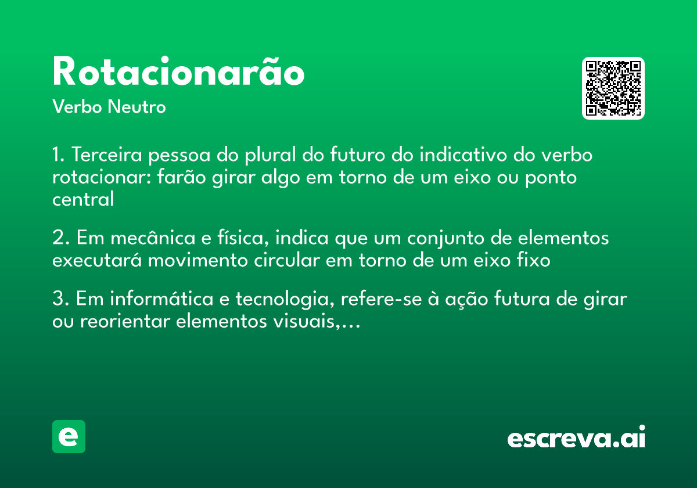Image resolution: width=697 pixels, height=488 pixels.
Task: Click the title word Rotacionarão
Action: tap(178, 73)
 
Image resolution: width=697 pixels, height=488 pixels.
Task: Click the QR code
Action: tap(613, 88)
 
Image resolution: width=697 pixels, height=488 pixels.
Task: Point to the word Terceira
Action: tap(107, 156)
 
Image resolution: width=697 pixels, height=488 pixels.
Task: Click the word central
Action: tap(83, 199)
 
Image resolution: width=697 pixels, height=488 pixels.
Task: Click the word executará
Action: tap(97, 260)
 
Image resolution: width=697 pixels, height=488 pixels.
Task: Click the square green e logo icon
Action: tap(69, 436)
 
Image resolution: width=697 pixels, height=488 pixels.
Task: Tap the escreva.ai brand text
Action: tap(576, 438)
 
